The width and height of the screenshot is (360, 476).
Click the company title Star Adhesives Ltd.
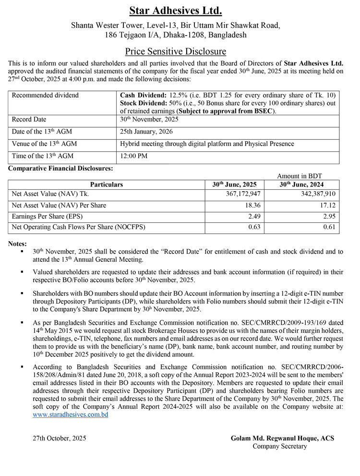[176, 11]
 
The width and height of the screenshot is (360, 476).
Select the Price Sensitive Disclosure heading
[176, 51]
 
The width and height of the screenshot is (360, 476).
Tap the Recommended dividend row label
[45, 95]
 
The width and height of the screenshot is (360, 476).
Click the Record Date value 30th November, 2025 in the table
[149, 120]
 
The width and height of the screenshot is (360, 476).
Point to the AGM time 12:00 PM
[133, 156]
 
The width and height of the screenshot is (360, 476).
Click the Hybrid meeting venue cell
[206, 144]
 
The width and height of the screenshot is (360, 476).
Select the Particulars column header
[107, 184]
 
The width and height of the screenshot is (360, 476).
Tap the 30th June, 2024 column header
[308, 184]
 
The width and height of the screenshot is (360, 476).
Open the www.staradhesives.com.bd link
[71, 415]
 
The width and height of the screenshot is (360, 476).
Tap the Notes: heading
[18, 244]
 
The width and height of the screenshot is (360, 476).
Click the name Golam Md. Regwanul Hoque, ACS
[282, 439]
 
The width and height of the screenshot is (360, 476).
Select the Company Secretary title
[279, 447]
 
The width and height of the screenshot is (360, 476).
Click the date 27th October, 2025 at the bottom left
[60, 439]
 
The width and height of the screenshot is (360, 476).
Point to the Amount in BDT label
[300, 176]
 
